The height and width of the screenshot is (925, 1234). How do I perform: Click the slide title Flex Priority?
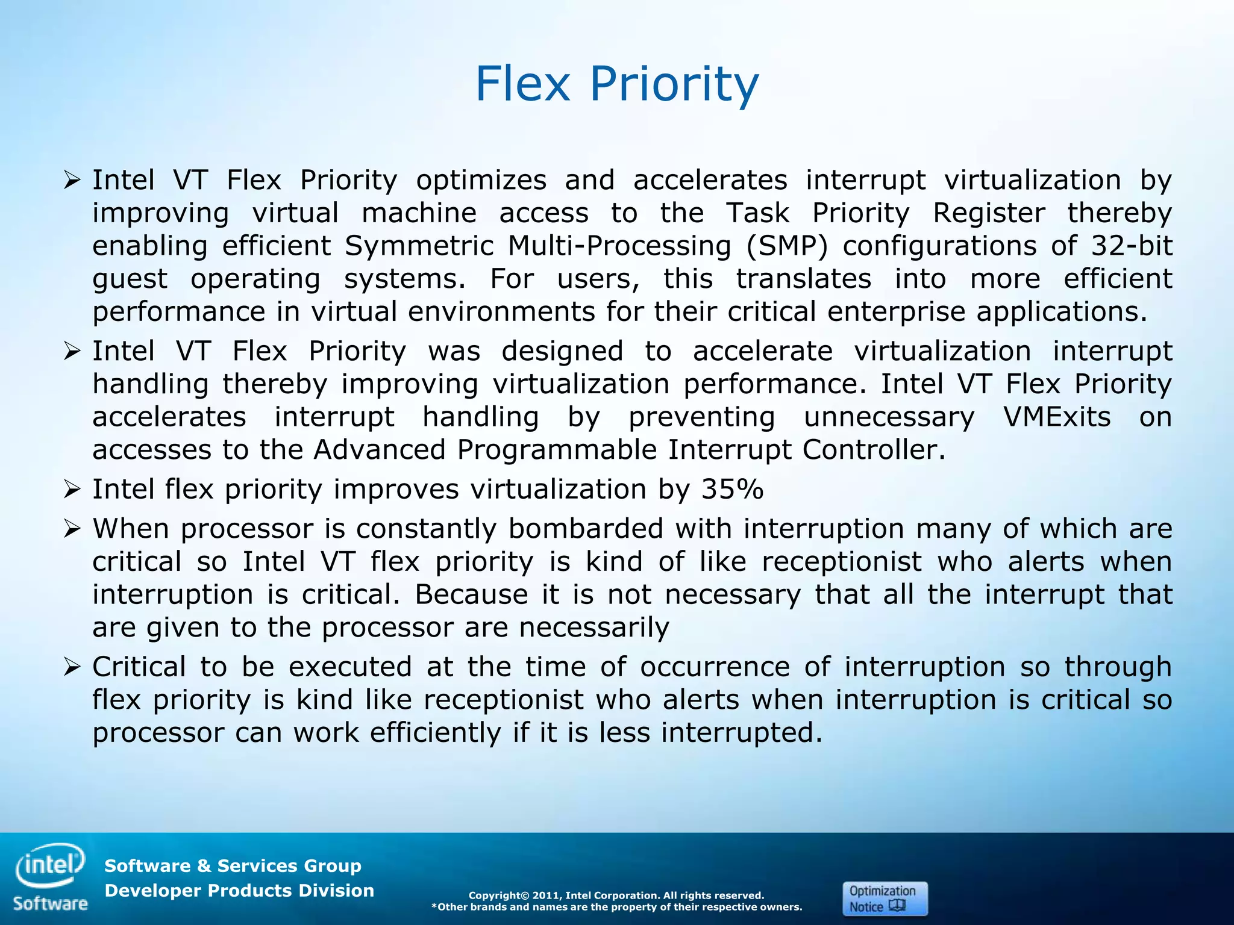616,84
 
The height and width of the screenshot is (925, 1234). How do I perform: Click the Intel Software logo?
51,876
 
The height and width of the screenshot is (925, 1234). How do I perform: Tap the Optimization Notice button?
885,899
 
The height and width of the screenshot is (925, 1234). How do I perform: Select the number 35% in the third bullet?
732,489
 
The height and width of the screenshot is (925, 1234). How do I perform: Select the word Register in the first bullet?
989,213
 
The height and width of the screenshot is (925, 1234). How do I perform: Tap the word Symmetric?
419,246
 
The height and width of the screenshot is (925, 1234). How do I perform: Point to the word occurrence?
715,667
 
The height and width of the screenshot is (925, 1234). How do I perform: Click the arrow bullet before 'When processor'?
72,529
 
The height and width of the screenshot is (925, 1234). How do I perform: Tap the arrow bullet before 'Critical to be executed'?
72,667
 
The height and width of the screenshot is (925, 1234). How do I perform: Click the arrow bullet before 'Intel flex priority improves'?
72,490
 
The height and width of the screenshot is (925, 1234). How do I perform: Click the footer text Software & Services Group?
233,866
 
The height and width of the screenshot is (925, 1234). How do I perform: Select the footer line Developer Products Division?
239,891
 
